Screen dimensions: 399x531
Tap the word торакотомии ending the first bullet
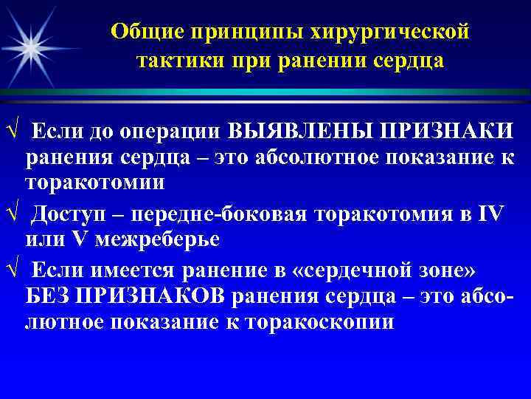tap(95, 183)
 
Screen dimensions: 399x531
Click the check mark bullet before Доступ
tap(8, 215)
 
